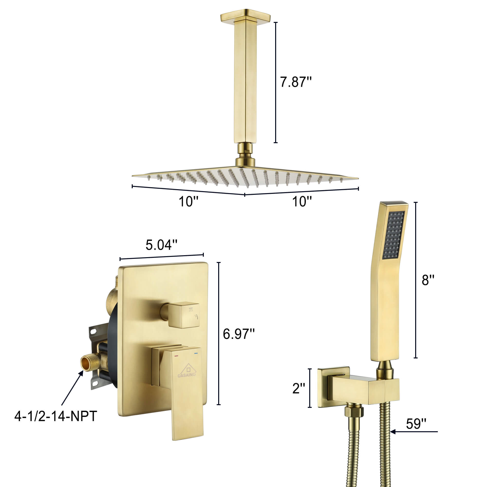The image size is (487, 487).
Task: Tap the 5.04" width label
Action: click(161, 245)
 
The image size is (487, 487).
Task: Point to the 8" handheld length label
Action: click(428, 280)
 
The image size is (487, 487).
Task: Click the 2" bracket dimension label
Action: click(299, 388)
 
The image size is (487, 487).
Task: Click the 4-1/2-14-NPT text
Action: click(56, 416)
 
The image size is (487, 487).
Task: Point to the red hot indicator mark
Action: click(176, 356)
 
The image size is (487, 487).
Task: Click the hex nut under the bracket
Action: click(354, 412)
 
